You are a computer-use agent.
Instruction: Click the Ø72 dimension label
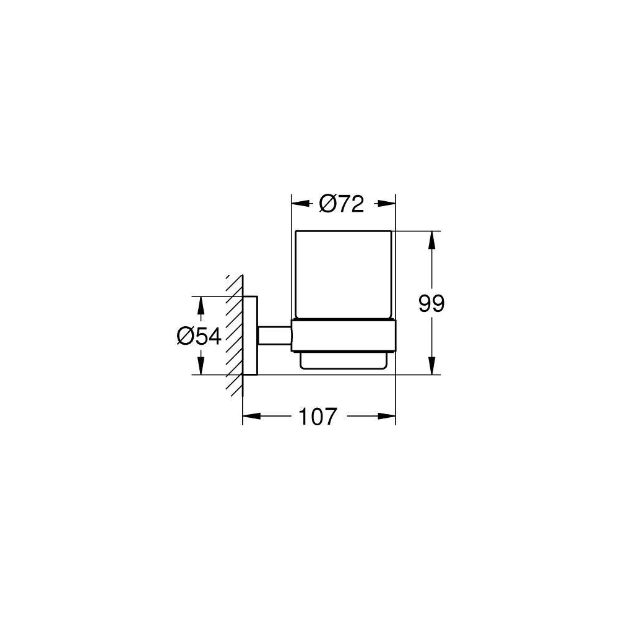coord(342,204)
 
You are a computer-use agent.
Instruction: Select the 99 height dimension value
coord(431,303)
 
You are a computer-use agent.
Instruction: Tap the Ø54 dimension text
coord(199,337)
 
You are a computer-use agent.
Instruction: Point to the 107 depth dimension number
coord(318,417)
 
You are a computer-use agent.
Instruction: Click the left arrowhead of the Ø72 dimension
coord(300,203)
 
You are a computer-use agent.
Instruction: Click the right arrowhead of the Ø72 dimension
coord(386,203)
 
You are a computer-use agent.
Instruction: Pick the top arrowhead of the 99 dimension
coord(432,240)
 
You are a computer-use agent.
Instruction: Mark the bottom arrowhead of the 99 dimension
coord(432,366)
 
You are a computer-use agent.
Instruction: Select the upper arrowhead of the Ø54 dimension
coord(201,306)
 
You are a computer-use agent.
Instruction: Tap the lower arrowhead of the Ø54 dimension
coord(201,366)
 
